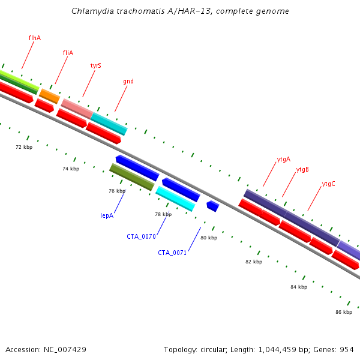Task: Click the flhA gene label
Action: click(x=35, y=38)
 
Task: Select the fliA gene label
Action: click(x=68, y=53)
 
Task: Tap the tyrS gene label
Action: click(x=96, y=65)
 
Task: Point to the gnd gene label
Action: click(x=128, y=81)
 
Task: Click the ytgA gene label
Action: click(x=284, y=160)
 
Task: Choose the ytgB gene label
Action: click(x=302, y=170)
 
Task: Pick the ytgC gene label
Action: click(x=329, y=184)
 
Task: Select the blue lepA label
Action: click(x=107, y=215)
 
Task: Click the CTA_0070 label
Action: click(x=141, y=236)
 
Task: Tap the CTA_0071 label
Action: click(x=172, y=253)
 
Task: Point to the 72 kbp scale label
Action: click(x=24, y=147)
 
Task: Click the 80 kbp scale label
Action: click(x=209, y=238)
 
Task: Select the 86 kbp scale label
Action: click(x=344, y=312)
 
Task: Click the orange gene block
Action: click(x=50, y=97)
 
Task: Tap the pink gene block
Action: click(x=77, y=109)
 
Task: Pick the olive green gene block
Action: click(x=132, y=177)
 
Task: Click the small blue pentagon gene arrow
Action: click(x=213, y=206)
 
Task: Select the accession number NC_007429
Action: click(x=65, y=350)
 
